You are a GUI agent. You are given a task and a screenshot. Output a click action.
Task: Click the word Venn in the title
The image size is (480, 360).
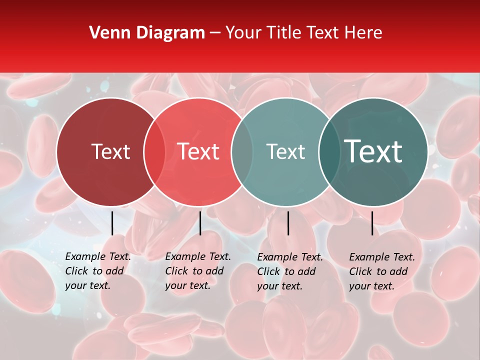click(x=107, y=33)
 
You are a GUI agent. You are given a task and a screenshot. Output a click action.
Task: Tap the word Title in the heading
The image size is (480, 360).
click(x=284, y=33)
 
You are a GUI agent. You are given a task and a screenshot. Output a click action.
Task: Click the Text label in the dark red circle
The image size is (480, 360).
click(x=110, y=151)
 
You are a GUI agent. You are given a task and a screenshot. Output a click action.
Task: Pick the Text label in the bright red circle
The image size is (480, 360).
click(x=198, y=151)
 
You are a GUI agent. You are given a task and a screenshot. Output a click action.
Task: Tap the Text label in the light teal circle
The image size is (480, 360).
click(x=285, y=151)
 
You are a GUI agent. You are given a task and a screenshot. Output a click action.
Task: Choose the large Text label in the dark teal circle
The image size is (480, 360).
click(x=373, y=151)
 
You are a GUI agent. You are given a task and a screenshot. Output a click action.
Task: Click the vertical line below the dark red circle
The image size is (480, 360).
click(x=112, y=223)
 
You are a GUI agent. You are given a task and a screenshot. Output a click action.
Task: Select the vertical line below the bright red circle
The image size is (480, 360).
click(x=200, y=223)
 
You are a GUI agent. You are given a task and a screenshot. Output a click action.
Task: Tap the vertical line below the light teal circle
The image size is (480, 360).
click(x=288, y=223)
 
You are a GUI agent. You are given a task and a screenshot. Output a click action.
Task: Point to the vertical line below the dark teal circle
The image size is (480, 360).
click(x=372, y=223)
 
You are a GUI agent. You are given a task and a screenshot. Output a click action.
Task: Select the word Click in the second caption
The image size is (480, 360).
click(x=177, y=271)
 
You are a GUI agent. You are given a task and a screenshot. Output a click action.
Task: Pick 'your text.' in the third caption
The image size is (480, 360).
click(x=279, y=286)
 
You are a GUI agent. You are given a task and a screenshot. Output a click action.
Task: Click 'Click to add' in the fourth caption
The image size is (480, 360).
click(x=378, y=271)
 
